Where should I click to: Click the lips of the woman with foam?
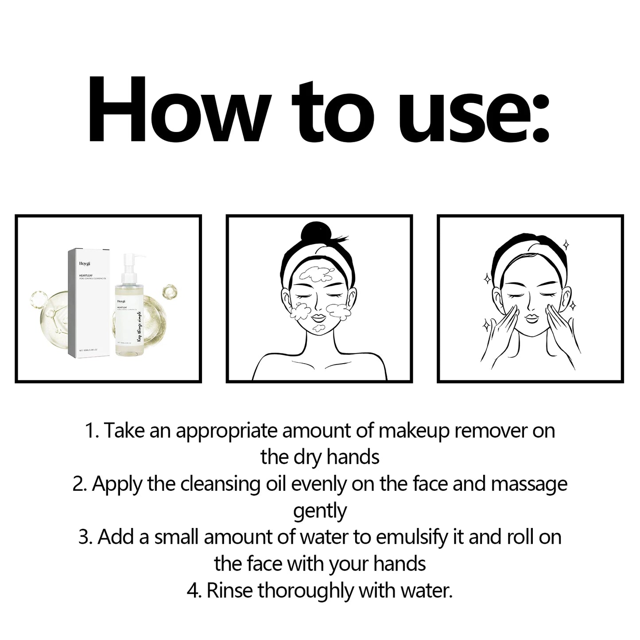click(320, 318)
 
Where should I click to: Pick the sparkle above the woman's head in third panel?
click(566, 244)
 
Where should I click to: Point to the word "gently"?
click(320, 511)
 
